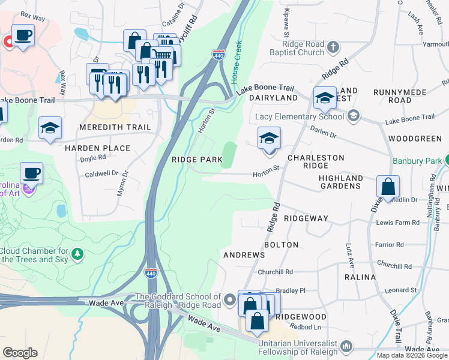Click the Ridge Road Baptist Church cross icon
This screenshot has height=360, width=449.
pyautogui.click(x=333, y=46)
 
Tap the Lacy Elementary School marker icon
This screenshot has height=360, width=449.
pyautogui.click(x=354, y=116)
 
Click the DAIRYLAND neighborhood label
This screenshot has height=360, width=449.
pyautogui.click(x=273, y=97)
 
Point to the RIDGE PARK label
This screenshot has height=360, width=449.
pyautogui.click(x=197, y=160)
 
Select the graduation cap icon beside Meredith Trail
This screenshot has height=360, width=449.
pyautogui.click(x=50, y=128)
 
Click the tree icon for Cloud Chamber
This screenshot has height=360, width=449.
pyautogui.click(x=77, y=254)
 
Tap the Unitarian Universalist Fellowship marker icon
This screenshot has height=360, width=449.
pyautogui.click(x=346, y=346)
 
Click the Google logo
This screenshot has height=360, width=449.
pyautogui.click(x=20, y=353)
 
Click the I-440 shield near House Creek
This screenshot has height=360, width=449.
pyautogui.click(x=219, y=55)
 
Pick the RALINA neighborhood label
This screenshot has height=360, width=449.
pyautogui.click(x=360, y=277)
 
